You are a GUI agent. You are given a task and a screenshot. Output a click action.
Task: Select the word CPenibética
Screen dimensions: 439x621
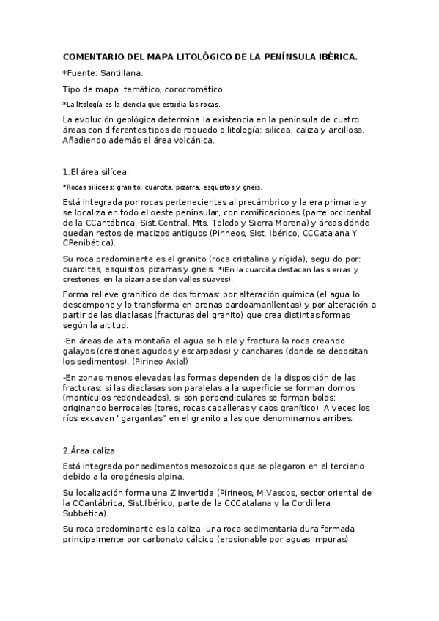[89, 242]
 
